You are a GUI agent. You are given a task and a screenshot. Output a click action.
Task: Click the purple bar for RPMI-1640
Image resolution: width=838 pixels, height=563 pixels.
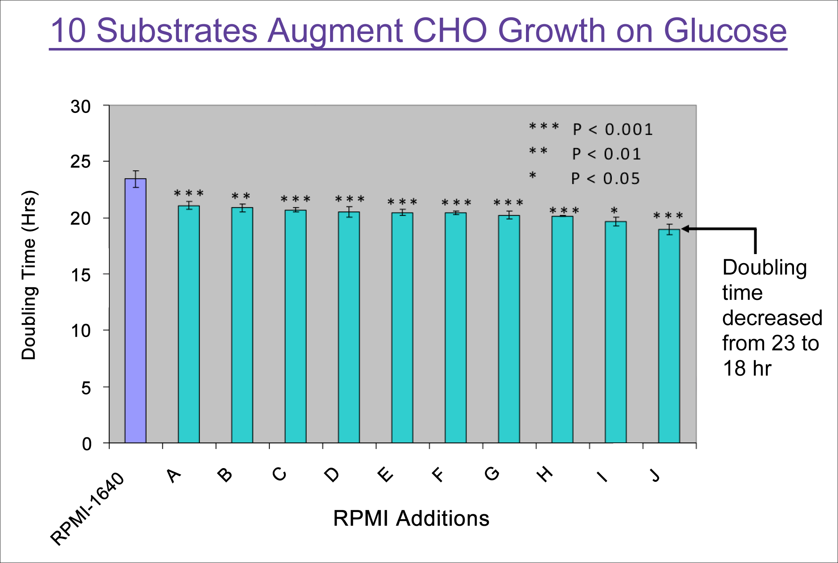(x=135, y=310)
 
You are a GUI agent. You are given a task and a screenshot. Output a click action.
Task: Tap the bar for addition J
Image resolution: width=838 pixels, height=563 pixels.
(x=669, y=336)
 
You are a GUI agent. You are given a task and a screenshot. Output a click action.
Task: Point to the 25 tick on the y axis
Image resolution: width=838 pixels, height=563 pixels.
(x=80, y=162)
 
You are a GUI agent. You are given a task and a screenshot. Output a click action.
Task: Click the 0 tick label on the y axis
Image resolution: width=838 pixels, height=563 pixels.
(x=87, y=444)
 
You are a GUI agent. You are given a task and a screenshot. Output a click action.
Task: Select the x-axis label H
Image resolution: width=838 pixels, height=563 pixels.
(x=545, y=474)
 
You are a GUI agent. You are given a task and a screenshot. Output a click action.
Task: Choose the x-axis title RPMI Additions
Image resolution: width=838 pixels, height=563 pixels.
(x=411, y=519)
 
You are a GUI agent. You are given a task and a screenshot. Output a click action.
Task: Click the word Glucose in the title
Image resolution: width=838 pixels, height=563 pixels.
(x=725, y=31)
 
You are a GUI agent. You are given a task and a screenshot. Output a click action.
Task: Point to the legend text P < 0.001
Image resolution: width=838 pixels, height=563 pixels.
(x=613, y=130)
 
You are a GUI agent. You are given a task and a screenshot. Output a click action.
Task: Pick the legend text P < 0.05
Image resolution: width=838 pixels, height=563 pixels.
(x=605, y=179)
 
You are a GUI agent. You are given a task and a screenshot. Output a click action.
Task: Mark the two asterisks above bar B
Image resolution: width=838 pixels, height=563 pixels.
(x=241, y=197)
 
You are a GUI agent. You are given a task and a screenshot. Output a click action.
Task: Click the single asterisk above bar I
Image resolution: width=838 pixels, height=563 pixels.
(x=614, y=210)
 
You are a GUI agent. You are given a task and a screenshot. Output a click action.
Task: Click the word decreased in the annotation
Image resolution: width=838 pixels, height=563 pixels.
(x=772, y=318)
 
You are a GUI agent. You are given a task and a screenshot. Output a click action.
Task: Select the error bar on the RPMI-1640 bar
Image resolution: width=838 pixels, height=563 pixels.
(x=136, y=179)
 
